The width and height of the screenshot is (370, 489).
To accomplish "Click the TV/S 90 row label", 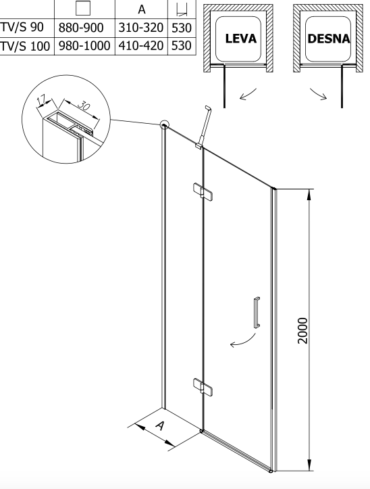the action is click(22, 28).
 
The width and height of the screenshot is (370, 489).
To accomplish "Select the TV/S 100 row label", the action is click(25, 46).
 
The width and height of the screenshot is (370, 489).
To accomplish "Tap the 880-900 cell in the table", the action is click(81, 28).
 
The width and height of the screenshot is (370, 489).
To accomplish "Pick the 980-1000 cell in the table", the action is click(84, 46).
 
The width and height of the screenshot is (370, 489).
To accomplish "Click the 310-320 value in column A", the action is click(140, 28).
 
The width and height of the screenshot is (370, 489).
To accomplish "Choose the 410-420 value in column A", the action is click(140, 46).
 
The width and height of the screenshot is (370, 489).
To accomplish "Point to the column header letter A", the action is click(141, 9).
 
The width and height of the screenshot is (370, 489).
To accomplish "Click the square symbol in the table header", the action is click(83, 8).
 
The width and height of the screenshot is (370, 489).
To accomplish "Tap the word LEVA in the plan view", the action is click(241, 39).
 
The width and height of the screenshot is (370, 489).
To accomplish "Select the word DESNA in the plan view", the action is click(329, 39).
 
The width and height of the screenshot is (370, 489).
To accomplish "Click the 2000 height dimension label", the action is click(302, 331).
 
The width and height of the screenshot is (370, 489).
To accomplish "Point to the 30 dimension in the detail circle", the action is click(83, 106).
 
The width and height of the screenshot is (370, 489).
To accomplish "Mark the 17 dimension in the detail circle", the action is click(41, 100).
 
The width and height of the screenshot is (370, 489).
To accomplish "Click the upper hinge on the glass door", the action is click(203, 191).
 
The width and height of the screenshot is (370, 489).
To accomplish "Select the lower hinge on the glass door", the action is click(203, 387).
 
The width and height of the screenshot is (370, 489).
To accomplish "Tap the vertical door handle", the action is click(257, 312).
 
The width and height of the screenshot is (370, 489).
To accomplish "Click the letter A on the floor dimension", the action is click(159, 425).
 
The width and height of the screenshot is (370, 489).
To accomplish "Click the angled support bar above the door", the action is click(204, 126).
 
